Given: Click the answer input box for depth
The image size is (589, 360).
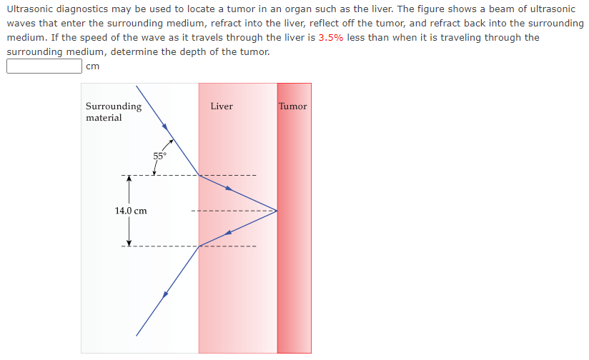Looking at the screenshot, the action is (x=44, y=66).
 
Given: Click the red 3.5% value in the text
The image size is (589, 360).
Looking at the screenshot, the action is (x=330, y=38).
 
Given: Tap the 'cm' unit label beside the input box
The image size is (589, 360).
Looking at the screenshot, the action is (x=91, y=66).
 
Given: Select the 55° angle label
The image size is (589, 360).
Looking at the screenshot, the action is (x=159, y=155).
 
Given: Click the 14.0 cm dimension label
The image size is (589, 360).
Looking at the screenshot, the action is (x=130, y=211).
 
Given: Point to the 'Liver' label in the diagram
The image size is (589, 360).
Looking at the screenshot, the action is (x=222, y=106).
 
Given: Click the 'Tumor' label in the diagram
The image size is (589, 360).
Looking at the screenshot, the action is (x=293, y=106).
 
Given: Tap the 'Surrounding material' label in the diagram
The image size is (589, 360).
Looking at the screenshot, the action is (x=113, y=112).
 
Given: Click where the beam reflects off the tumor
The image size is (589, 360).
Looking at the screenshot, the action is (x=277, y=211).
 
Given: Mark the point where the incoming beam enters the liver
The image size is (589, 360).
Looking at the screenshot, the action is (x=199, y=175).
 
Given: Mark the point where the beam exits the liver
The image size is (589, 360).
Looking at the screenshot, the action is (x=199, y=246).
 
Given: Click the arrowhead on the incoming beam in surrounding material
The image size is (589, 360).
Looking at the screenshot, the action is (x=166, y=127).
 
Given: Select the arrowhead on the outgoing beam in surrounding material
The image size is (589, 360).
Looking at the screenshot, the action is (x=165, y=294).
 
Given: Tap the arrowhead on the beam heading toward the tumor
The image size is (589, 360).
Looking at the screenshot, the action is (x=229, y=189).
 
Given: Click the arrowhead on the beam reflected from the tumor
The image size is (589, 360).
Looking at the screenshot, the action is (x=228, y=232).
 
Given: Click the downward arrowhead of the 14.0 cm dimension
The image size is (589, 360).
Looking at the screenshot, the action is (x=129, y=241).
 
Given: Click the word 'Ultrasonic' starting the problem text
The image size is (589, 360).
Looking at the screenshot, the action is (x=30, y=9).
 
